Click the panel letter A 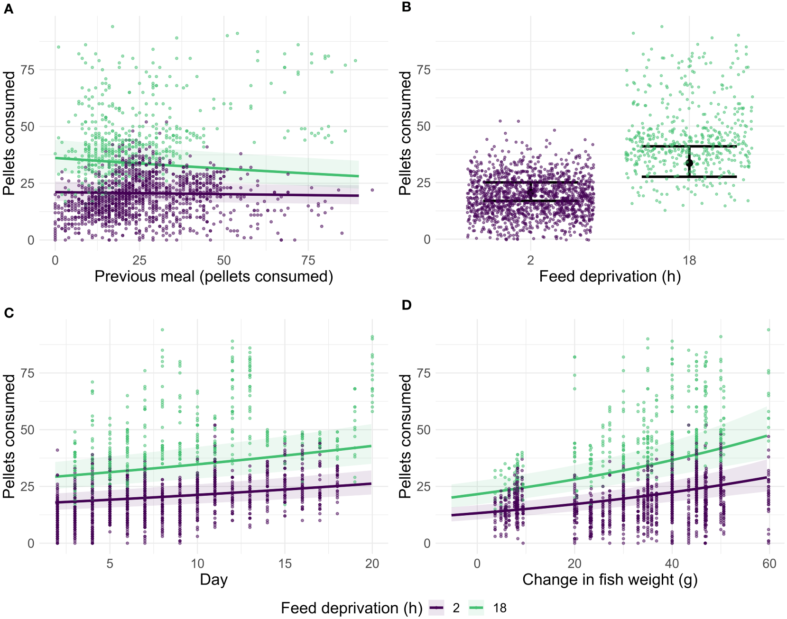[x=9, y=9]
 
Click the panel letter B [x=406, y=7]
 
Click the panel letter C [x=9, y=312]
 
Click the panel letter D [x=406, y=305]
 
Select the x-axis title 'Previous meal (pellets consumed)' [x=213, y=276]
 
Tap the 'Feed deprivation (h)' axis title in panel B [x=610, y=276]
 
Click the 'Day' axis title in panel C [x=213, y=579]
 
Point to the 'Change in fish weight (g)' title [x=610, y=579]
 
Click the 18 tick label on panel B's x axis [x=689, y=260]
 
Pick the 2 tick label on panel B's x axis [x=530, y=260]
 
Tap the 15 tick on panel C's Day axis [x=285, y=563]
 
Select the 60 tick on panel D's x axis [x=769, y=563]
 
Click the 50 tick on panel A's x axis [x=223, y=260]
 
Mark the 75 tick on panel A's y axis [x=28, y=70]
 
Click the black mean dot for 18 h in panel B [x=689, y=163]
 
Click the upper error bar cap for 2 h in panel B [x=530, y=182]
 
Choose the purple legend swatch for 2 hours [x=436, y=608]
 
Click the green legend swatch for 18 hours [x=476, y=608]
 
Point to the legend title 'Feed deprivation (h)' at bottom [x=351, y=608]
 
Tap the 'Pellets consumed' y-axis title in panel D [x=405, y=436]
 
